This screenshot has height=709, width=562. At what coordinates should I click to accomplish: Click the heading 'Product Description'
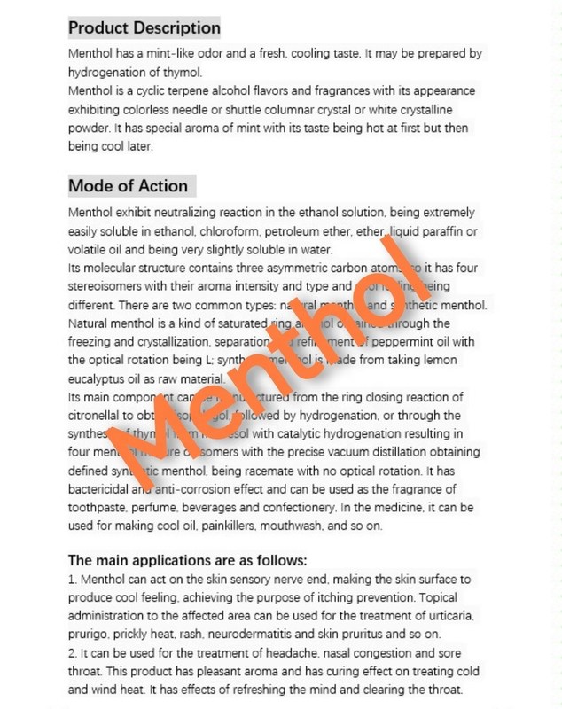click(144, 28)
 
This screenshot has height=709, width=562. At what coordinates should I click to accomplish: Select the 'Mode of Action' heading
click(129, 186)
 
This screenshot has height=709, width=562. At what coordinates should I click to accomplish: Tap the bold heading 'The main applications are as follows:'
click(188, 560)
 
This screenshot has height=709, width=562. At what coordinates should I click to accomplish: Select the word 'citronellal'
click(98, 417)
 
